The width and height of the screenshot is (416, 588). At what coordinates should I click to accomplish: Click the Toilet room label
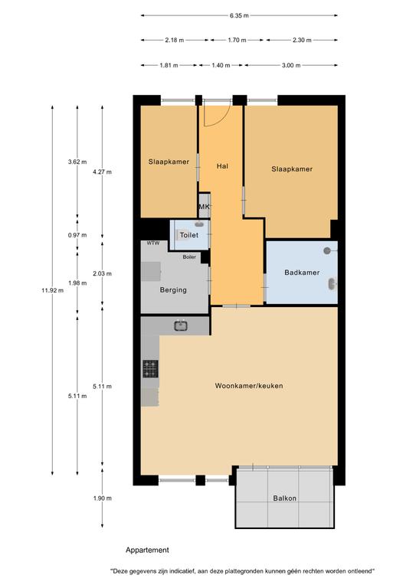[189, 235]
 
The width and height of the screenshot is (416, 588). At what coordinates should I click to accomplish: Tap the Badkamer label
[302, 273]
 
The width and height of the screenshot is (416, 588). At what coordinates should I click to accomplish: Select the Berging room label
[173, 290]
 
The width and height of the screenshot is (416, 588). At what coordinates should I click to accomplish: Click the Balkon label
[285, 498]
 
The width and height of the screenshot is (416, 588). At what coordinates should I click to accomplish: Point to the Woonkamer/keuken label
[249, 386]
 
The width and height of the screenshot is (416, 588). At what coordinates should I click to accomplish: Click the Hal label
[222, 166]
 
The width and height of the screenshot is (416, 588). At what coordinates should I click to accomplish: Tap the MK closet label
[204, 207]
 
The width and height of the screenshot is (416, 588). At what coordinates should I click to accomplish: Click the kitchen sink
[181, 326]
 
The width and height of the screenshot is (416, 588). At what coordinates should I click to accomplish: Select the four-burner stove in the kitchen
[150, 368]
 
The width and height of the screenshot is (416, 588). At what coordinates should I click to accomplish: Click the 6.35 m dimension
[239, 16]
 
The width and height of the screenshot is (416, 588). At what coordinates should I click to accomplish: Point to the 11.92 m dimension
[53, 290]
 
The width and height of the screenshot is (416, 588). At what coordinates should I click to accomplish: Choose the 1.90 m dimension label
[103, 498]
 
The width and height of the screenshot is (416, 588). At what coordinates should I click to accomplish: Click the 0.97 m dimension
[77, 235]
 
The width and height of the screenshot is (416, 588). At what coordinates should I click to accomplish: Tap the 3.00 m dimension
[291, 65]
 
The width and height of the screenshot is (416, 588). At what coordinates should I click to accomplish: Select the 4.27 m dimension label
[103, 172]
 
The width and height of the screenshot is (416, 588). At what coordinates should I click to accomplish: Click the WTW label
[153, 243]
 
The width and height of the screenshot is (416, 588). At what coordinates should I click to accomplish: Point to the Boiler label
[189, 257]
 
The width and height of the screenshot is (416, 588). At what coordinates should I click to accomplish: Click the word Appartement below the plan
[147, 550]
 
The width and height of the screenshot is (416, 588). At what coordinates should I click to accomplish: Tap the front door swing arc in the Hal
[224, 118]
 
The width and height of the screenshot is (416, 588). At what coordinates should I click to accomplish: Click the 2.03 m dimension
[103, 274]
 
